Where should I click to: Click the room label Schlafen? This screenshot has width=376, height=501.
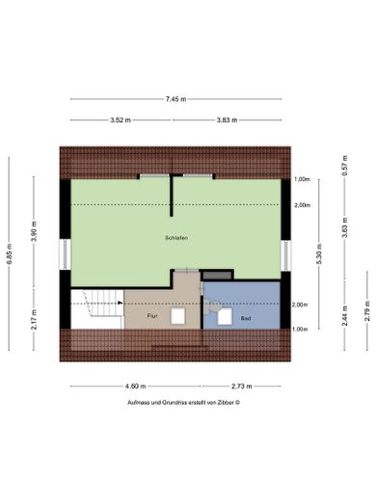click(x=175, y=237)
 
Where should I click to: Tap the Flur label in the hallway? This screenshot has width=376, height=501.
click(x=151, y=315)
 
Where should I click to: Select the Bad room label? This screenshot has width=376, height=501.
click(x=246, y=317)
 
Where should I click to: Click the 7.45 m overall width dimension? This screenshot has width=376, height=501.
click(x=175, y=99)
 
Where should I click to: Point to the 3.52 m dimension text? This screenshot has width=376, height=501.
click(x=121, y=119)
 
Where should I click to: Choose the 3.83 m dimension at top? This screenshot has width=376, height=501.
click(x=227, y=119)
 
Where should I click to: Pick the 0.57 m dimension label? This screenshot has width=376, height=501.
click(x=344, y=166)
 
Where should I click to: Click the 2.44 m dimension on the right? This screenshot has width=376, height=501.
click(x=344, y=318)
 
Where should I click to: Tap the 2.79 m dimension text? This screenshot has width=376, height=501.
click(x=366, y=313)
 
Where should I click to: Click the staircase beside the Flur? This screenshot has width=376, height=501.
click(x=97, y=308)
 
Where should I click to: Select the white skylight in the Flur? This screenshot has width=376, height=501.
click(x=178, y=316)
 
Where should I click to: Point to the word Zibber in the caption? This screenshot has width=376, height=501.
click(x=222, y=403)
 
